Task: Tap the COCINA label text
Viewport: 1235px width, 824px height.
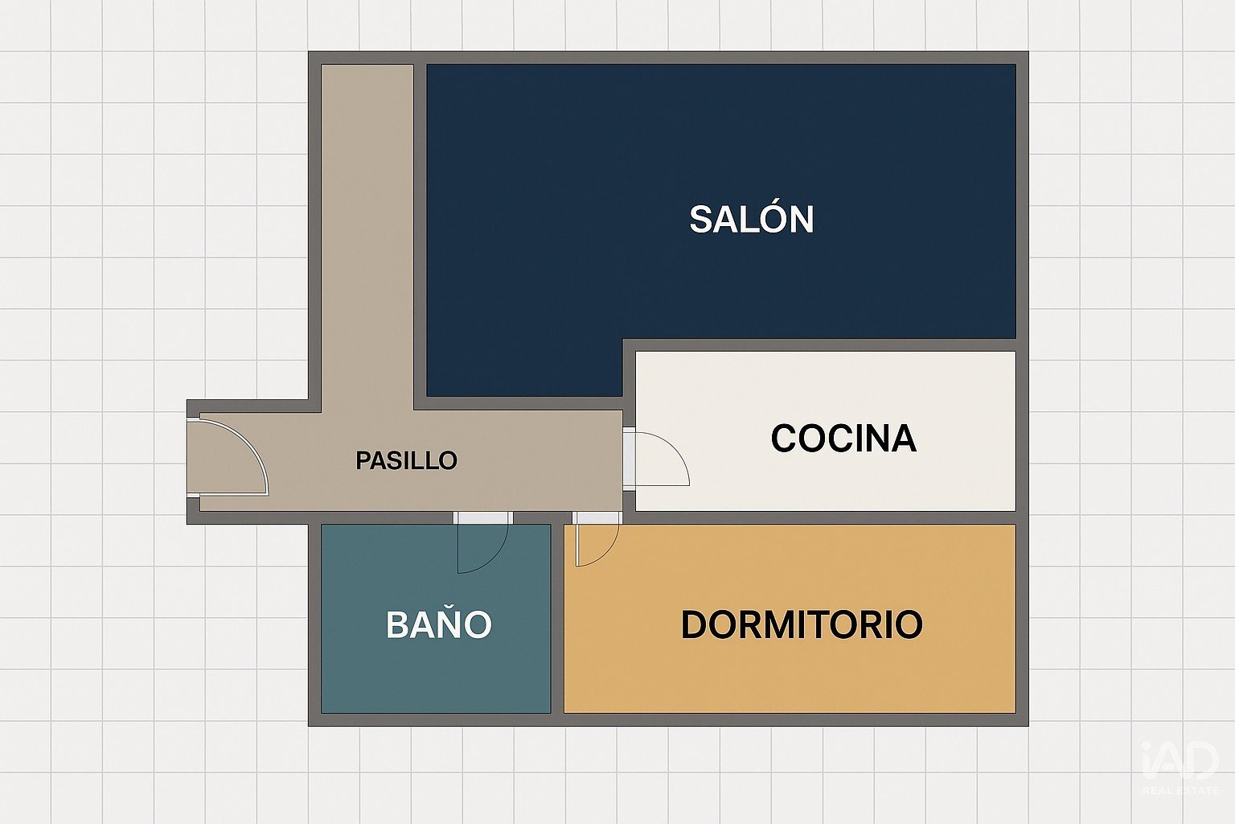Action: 843,439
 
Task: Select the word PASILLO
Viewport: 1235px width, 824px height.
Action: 406,460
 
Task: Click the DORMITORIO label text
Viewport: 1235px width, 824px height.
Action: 802,624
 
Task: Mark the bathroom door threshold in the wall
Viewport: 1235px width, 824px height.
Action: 483,517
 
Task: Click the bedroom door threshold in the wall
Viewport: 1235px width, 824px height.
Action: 597,517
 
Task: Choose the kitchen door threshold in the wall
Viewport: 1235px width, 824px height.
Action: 629,459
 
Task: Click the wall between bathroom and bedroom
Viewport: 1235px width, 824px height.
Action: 557,618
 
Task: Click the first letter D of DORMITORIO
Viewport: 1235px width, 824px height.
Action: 694,624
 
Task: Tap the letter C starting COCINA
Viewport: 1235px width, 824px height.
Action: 785,439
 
